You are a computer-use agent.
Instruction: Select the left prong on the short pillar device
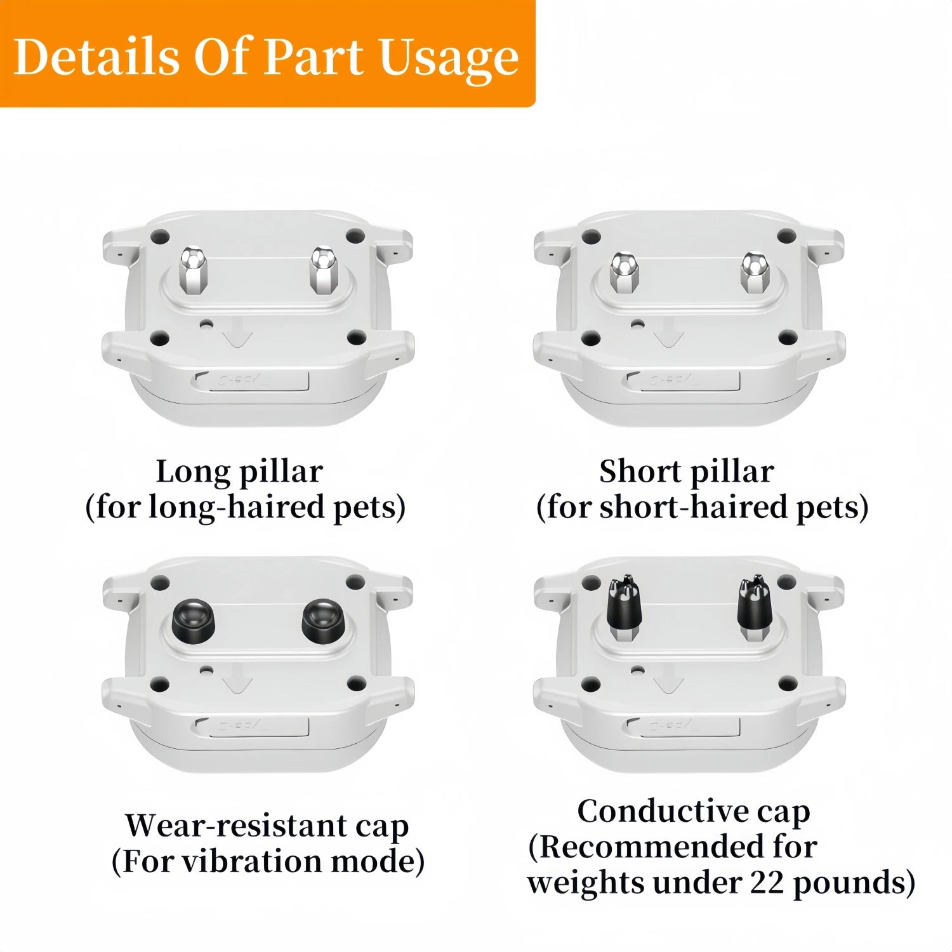(624, 274)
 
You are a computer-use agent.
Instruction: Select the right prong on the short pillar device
(755, 274)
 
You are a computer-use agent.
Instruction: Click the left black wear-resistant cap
(193, 620)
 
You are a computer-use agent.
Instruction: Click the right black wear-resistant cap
(322, 620)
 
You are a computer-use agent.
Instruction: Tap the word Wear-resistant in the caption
(236, 826)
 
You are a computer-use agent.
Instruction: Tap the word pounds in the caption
(847, 883)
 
